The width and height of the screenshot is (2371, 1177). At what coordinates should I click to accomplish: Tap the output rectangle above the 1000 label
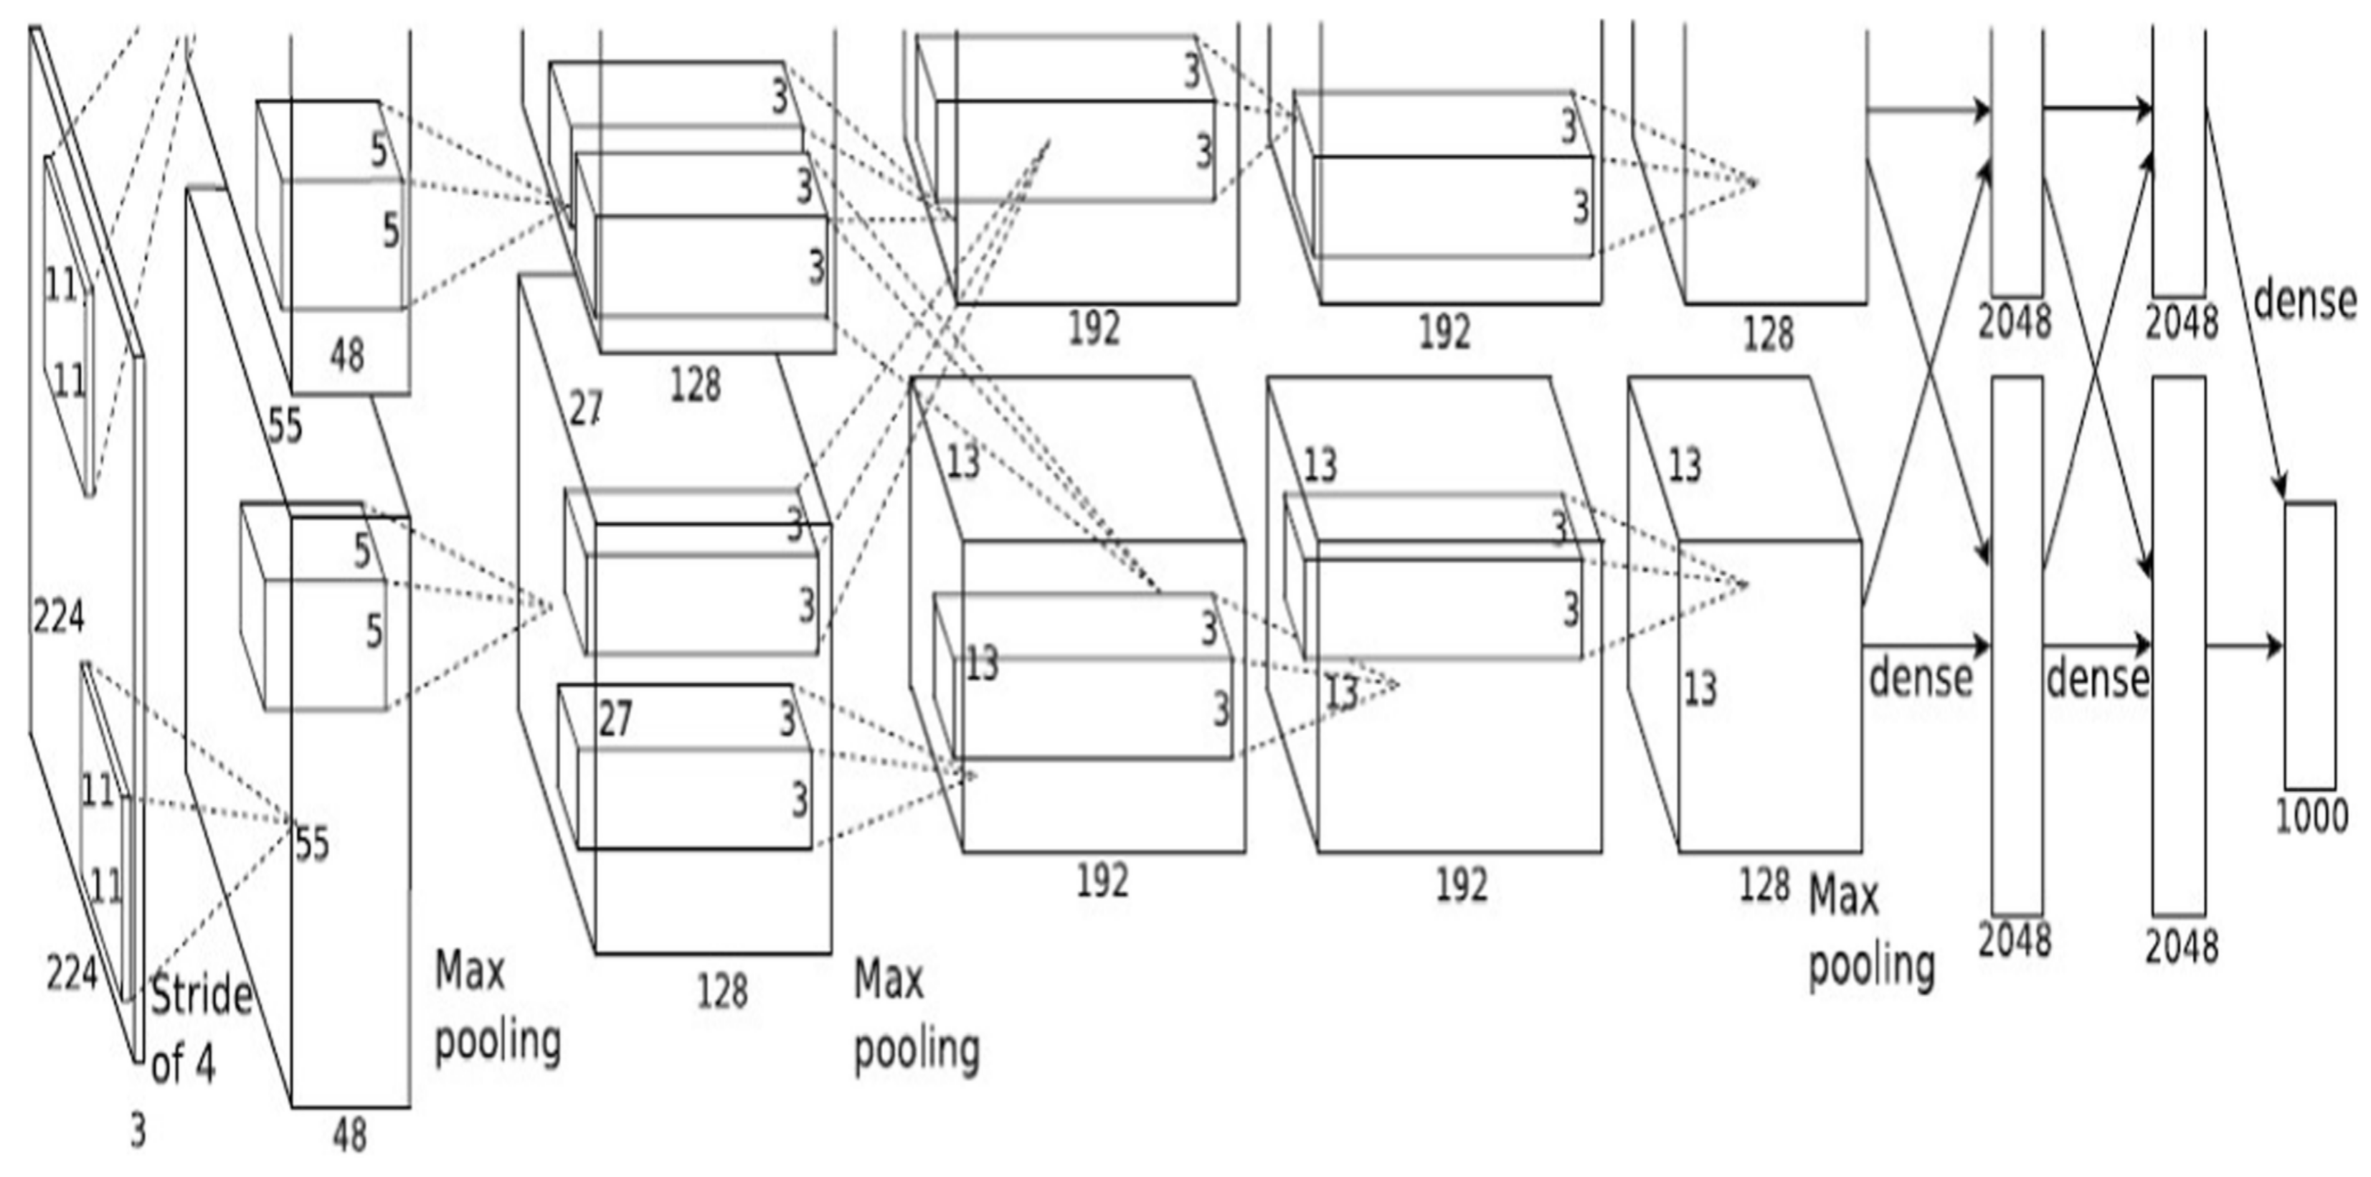pos(2309,645)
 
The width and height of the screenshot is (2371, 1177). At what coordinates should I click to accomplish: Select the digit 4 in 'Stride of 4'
pos(204,1064)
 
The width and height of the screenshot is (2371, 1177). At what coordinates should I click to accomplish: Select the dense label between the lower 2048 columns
pos(2097,679)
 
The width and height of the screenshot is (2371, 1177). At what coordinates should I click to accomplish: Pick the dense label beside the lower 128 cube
pos(1920,679)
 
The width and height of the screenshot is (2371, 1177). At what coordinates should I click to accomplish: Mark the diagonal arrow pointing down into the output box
pos(2245,303)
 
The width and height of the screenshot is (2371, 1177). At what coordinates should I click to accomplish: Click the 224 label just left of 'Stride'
pos(72,973)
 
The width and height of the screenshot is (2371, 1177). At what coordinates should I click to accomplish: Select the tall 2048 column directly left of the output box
pos(2179,645)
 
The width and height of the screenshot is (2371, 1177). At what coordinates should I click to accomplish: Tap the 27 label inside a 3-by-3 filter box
pos(615,719)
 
